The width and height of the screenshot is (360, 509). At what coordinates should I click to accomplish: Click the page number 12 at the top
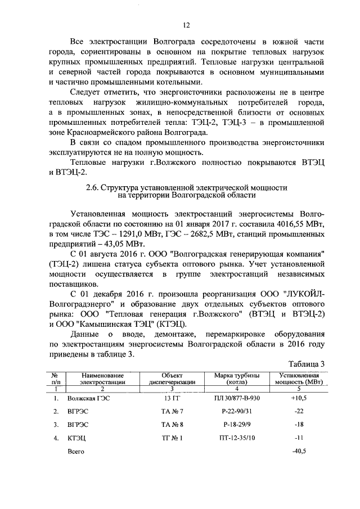pos(187,25)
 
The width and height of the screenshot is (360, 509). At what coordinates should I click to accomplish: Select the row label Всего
pos(75,451)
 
